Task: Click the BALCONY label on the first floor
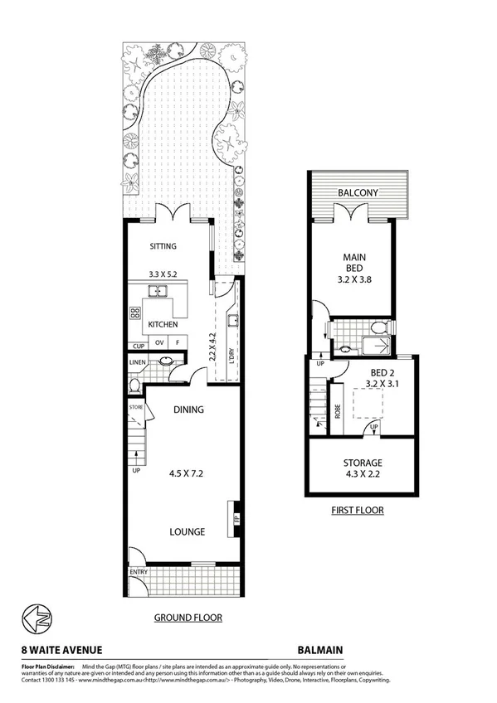tap(358, 193)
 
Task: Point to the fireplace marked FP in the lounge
tap(236, 519)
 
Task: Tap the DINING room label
tap(188, 410)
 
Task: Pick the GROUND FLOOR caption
tap(188, 618)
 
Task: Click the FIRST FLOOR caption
tap(356, 510)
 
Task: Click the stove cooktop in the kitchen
tap(134, 313)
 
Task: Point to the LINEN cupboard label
tap(137, 362)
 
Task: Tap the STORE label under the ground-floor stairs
tap(136, 408)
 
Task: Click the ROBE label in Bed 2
tap(338, 411)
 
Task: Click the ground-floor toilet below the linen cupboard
tap(134, 385)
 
